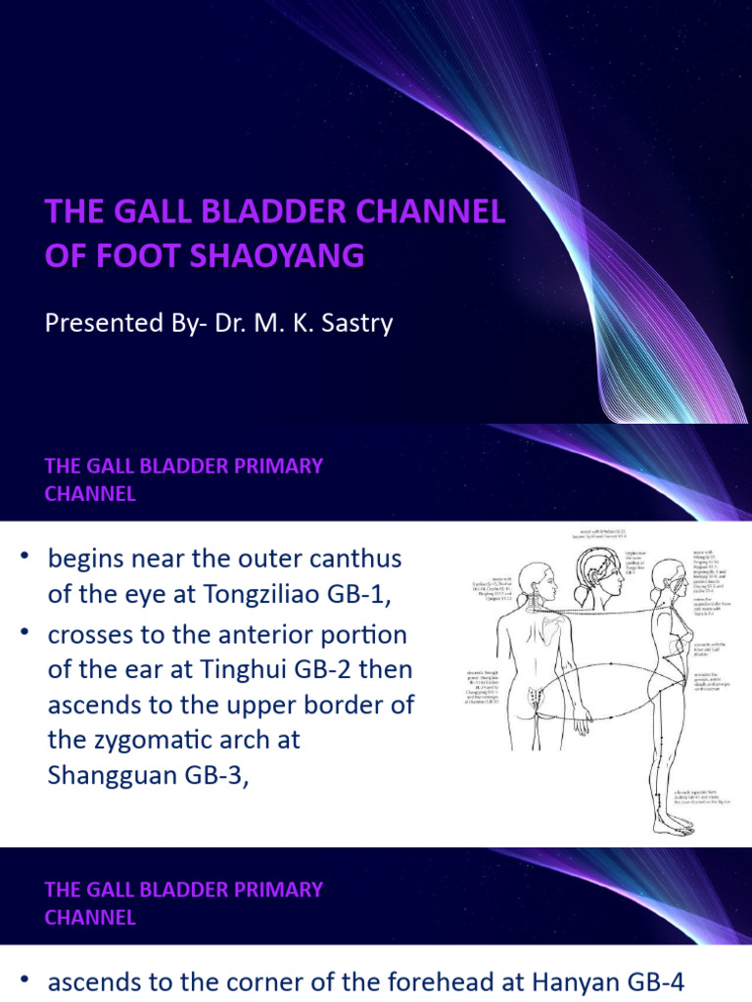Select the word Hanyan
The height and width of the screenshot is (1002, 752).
[x=604, y=980]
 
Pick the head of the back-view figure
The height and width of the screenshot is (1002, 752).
[x=535, y=581]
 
